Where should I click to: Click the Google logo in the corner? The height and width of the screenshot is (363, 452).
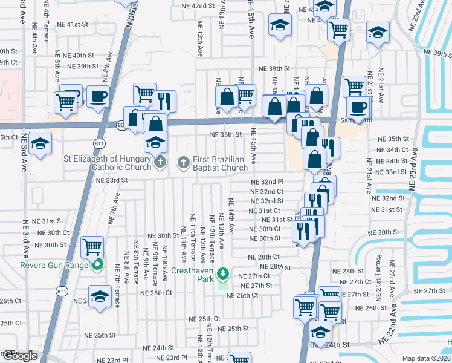point(19,356)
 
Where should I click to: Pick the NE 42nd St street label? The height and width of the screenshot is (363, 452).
point(199,6)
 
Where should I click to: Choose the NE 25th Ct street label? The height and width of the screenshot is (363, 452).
point(204,319)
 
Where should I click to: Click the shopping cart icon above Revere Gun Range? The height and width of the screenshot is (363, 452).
point(92,246)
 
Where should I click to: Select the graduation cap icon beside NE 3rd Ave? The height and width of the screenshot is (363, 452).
point(40,143)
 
